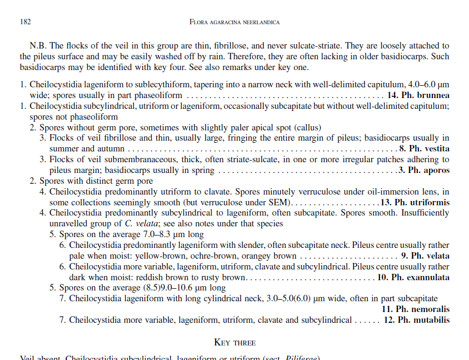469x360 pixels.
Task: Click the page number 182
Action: click(x=25, y=22)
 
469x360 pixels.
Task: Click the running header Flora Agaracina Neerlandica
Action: click(x=235, y=22)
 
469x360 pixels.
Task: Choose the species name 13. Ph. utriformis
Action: click(x=415, y=203)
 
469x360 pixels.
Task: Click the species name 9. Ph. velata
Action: click(x=425, y=256)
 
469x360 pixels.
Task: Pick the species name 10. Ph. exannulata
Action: click(x=413, y=278)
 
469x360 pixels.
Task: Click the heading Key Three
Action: click(x=235, y=342)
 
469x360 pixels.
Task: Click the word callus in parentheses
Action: click(x=307, y=128)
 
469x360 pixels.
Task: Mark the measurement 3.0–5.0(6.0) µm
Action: click(x=286, y=299)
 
